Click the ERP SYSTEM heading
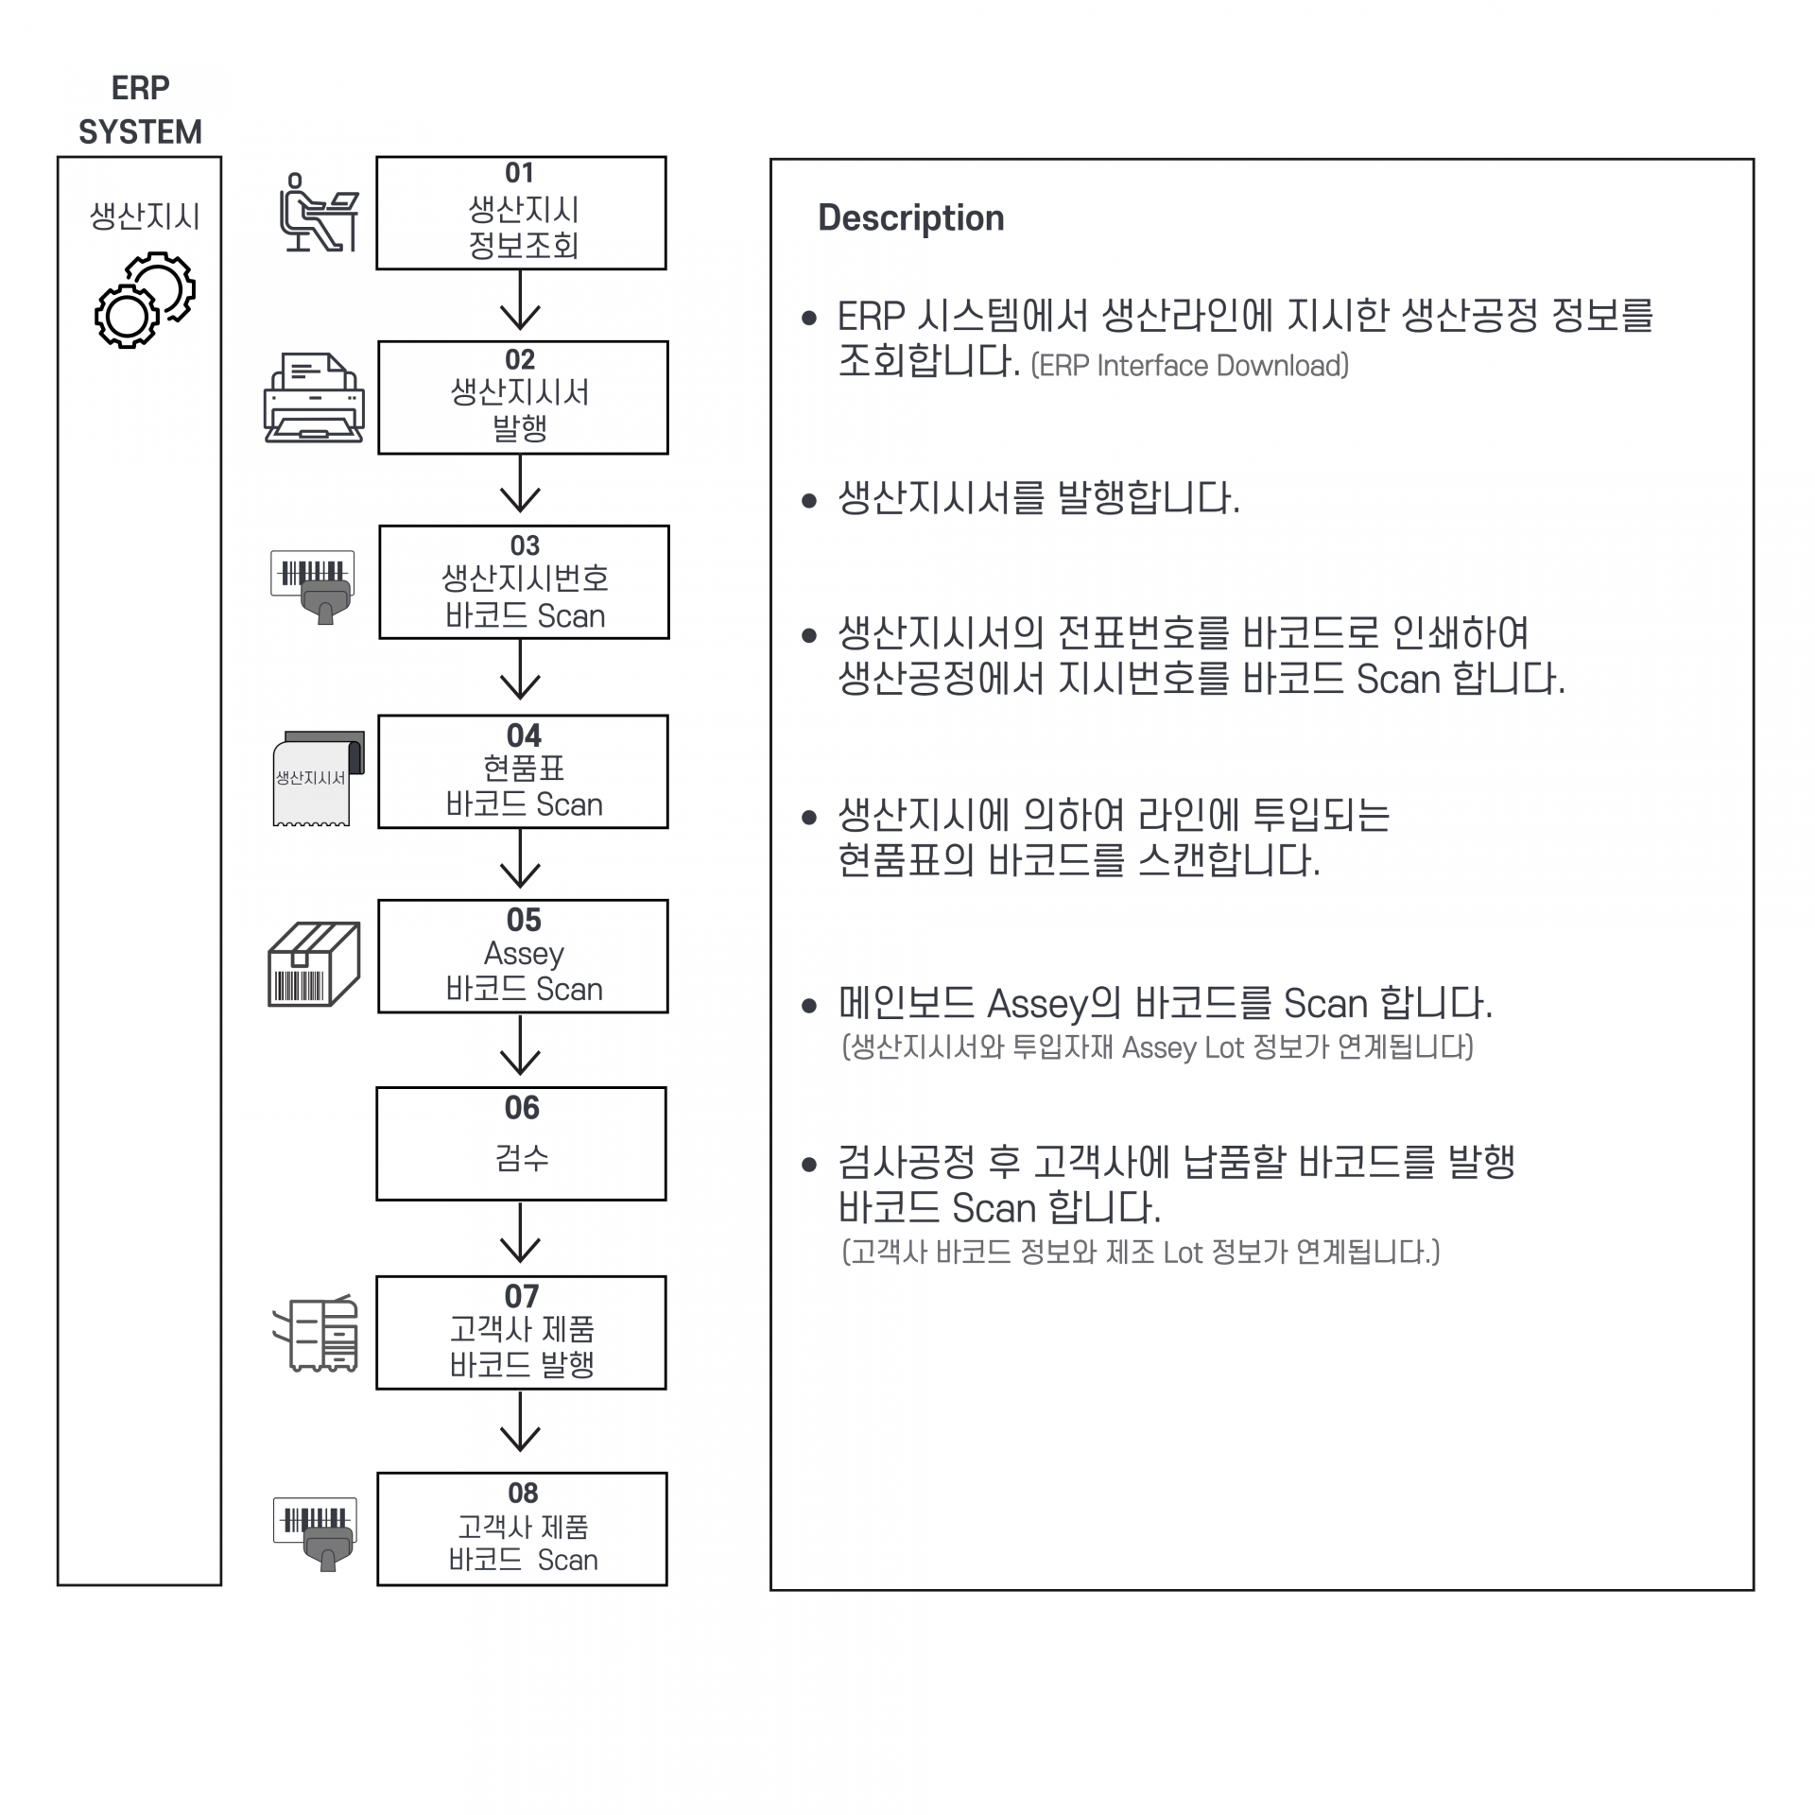pos(140,110)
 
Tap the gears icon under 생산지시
pos(145,300)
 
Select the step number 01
pos(520,173)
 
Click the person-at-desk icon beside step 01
pos(319,214)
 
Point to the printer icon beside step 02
pos(314,398)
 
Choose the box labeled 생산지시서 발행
pos(523,398)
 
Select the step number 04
pos(524,735)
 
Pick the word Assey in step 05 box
pos(524,954)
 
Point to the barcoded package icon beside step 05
pos(314,964)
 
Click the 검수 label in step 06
pos(522,1158)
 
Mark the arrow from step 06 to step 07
pos(520,1234)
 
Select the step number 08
pos(523,1493)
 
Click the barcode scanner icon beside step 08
pos(316,1532)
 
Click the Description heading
pos(910,217)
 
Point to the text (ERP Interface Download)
pos(1189,366)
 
